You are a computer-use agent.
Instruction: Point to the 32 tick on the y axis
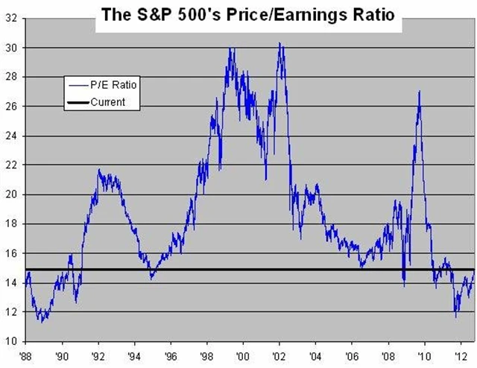click(11, 18)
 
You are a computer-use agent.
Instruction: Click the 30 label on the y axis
click(11, 48)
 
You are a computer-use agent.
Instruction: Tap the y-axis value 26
click(11, 106)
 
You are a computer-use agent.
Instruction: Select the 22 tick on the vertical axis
click(11, 165)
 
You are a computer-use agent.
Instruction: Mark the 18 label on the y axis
click(11, 223)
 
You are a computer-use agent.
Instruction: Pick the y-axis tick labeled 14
click(11, 282)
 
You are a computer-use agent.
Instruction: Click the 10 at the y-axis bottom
click(11, 341)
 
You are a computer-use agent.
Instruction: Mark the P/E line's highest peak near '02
click(279, 43)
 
